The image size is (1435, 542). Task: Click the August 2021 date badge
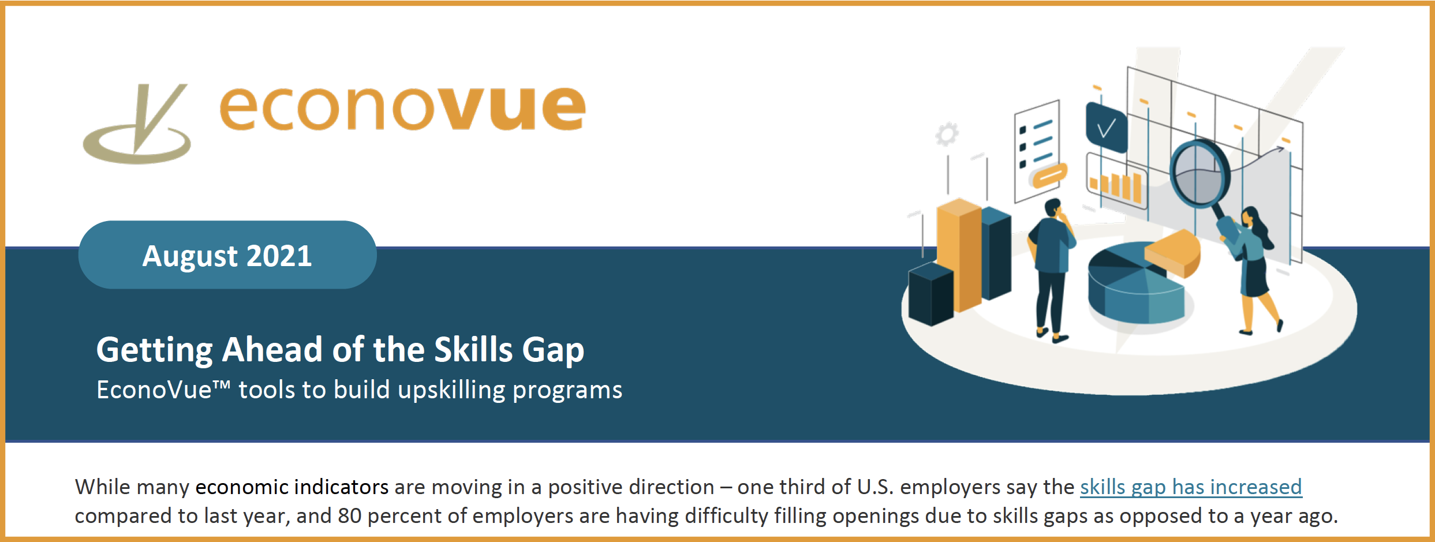[x=227, y=255]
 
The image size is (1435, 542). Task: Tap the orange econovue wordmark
[x=402, y=108]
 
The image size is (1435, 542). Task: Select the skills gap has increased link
[x=1190, y=487]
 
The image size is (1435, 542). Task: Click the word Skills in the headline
[x=473, y=350]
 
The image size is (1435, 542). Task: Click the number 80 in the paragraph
[x=349, y=516]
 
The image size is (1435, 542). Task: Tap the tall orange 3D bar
[x=958, y=254]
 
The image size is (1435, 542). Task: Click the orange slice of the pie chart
[x=1174, y=253]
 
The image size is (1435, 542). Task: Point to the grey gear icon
[x=947, y=134]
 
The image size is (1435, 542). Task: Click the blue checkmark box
[x=1106, y=127]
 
